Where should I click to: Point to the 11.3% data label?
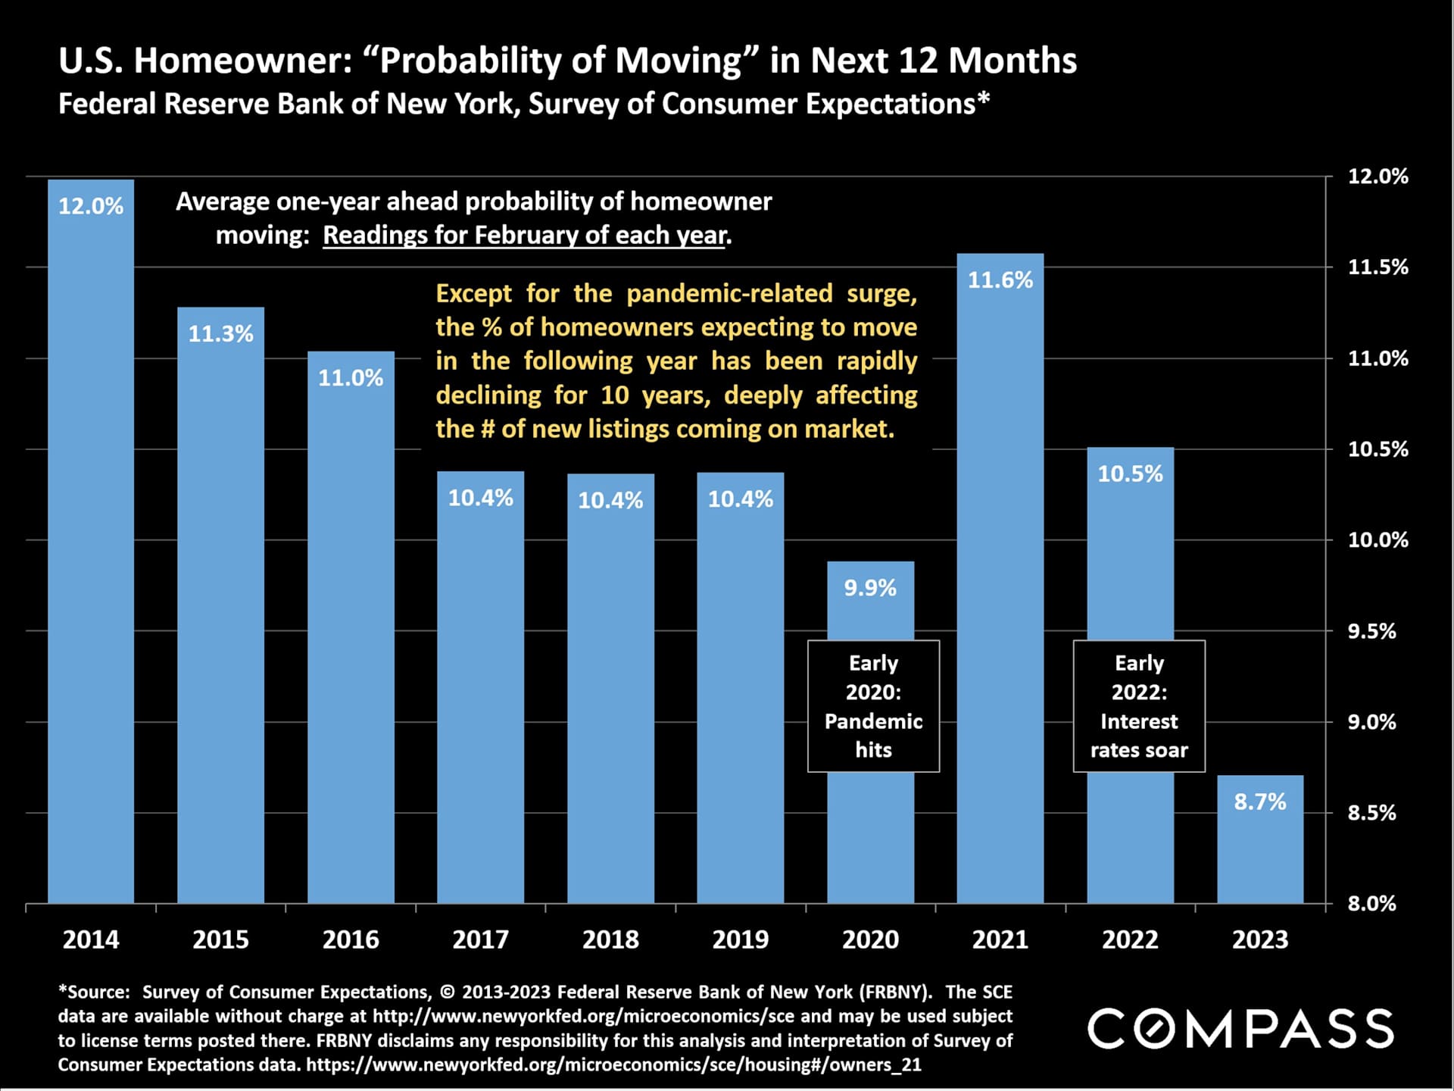[x=220, y=333]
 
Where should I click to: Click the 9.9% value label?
[x=870, y=588]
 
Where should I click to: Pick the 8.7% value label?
[x=1260, y=802]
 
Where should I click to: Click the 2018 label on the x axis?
[x=610, y=939]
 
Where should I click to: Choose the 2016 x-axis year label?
[x=351, y=939]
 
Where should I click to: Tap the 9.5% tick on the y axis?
[x=1371, y=631]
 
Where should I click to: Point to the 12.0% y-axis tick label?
[x=1378, y=177]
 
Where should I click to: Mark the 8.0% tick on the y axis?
[x=1371, y=903]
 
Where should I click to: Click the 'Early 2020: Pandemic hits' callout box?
[x=873, y=706]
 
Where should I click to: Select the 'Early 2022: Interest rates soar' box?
[x=1139, y=706]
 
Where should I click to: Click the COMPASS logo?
[x=1240, y=1028]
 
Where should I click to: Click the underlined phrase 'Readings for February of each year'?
[x=525, y=236]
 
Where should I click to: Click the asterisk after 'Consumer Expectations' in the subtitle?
[x=984, y=99]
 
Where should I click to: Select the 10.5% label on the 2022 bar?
[x=1130, y=474]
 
